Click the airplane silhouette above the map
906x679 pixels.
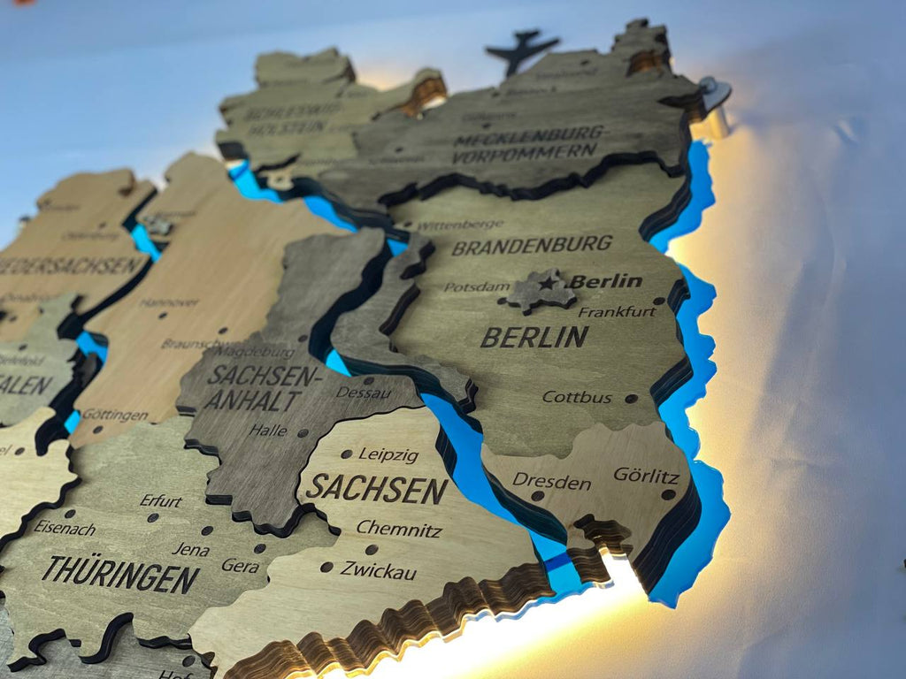pyautogui.click(x=521, y=50)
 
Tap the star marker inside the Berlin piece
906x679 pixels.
pyautogui.click(x=548, y=284)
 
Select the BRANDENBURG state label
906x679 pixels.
pyautogui.click(x=532, y=244)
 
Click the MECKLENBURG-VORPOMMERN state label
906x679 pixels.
pyautogui.click(x=529, y=144)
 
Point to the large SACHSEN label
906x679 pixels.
pyautogui.click(x=377, y=488)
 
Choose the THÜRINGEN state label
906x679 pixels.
pyautogui.click(x=120, y=574)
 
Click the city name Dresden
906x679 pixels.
pyautogui.click(x=551, y=482)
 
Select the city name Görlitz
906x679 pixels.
pyautogui.click(x=646, y=475)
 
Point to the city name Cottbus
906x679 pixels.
pyautogui.click(x=576, y=397)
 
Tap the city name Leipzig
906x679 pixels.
pyautogui.click(x=388, y=454)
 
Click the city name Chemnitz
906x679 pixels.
pyautogui.click(x=399, y=529)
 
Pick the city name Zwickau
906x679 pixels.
pyautogui.click(x=378, y=570)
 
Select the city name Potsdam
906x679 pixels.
pyautogui.click(x=477, y=286)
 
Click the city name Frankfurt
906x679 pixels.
pyautogui.click(x=617, y=311)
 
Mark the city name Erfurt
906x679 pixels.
pyautogui.click(x=160, y=500)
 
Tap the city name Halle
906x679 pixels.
pyautogui.click(x=268, y=431)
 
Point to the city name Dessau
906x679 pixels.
pyautogui.click(x=364, y=392)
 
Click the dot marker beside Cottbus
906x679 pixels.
pyautogui.click(x=630, y=399)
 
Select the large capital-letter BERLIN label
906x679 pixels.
pyautogui.click(x=534, y=337)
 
